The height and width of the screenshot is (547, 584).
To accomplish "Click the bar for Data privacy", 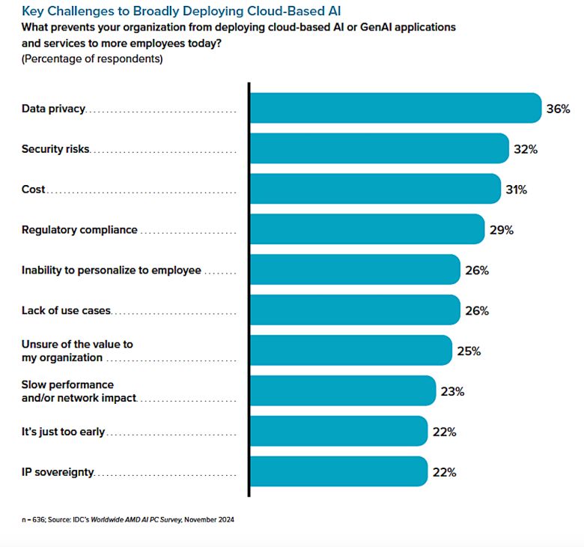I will tap(395, 108).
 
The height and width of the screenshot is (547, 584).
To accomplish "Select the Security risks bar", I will tap(379, 148).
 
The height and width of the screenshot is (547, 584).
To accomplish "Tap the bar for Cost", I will tap(374, 189).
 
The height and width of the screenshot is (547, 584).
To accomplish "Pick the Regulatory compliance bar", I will tap(366, 229).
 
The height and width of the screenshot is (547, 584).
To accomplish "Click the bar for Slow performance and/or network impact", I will tap(342, 391).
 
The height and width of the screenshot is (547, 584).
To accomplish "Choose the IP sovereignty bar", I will tap(338, 472).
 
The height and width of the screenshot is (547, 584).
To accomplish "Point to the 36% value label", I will tap(558, 109).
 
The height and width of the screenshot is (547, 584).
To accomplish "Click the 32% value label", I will tap(526, 149).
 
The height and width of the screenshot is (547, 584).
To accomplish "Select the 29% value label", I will tap(501, 230).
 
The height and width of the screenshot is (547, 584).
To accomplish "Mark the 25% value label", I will tap(469, 351).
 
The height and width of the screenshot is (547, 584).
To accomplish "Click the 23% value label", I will tap(452, 392).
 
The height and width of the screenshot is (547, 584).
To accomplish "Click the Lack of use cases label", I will tap(66, 311).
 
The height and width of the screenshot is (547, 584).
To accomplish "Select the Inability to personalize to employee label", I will tap(111, 270).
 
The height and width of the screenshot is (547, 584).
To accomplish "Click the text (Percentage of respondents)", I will tap(91, 58).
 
